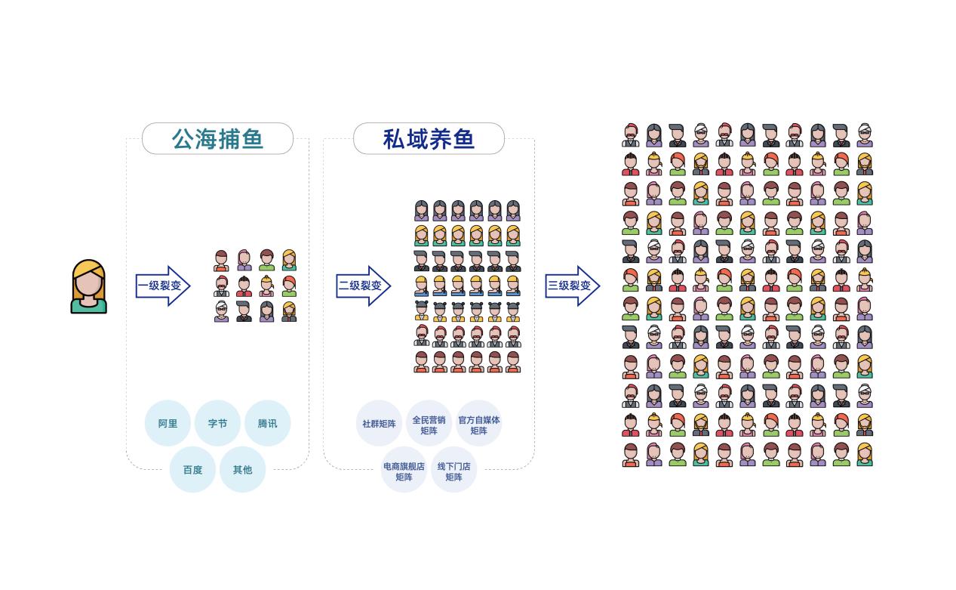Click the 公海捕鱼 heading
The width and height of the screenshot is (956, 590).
point(217,139)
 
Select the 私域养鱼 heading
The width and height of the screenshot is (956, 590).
point(429,139)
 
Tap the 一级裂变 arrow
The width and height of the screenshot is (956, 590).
point(162,286)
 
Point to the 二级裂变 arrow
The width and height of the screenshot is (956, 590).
point(363,286)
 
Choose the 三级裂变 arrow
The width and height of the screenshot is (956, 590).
point(572,286)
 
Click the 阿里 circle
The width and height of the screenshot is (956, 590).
point(168,423)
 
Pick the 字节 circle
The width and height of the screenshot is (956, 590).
point(217,423)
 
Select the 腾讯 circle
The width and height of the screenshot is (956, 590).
point(267,423)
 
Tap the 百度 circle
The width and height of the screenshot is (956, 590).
point(192,469)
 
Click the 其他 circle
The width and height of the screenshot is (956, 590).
point(242,469)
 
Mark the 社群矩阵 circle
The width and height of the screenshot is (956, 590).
point(379,424)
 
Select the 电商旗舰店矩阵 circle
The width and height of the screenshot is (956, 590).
point(404,471)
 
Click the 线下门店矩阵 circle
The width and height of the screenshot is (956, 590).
point(453,471)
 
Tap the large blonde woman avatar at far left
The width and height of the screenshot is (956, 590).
point(89,286)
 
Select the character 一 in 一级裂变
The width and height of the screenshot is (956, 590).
point(143,286)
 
